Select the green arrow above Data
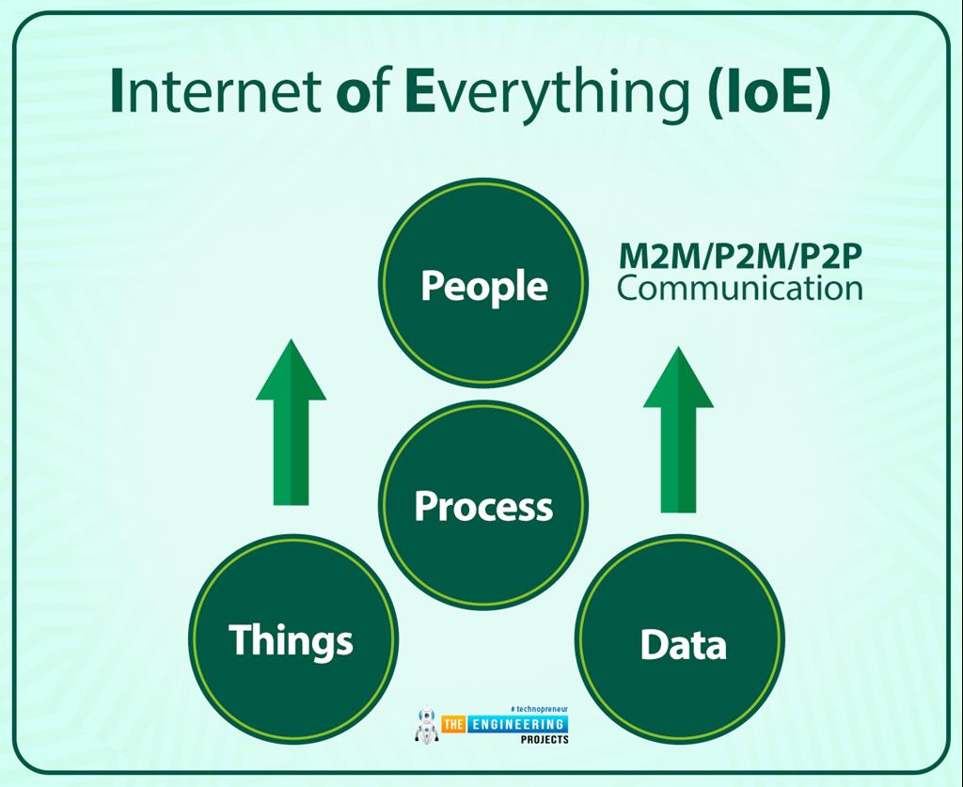pos(678,429)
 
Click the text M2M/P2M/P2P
pos(739,255)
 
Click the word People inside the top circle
pos(483,285)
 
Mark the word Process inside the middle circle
pos(483,506)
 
